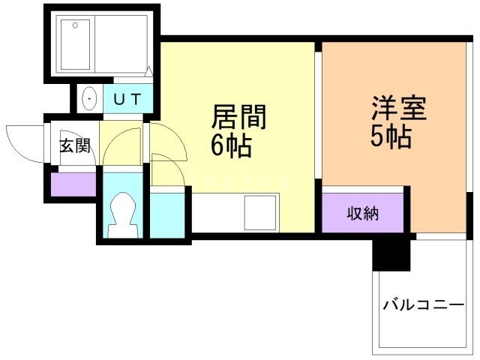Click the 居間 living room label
(239, 117)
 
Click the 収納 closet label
(363, 214)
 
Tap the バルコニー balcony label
(422, 305)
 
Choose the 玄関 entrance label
(75, 145)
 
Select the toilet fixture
(120, 214)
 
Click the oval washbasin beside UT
(89, 98)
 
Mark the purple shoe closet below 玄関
(73, 184)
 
